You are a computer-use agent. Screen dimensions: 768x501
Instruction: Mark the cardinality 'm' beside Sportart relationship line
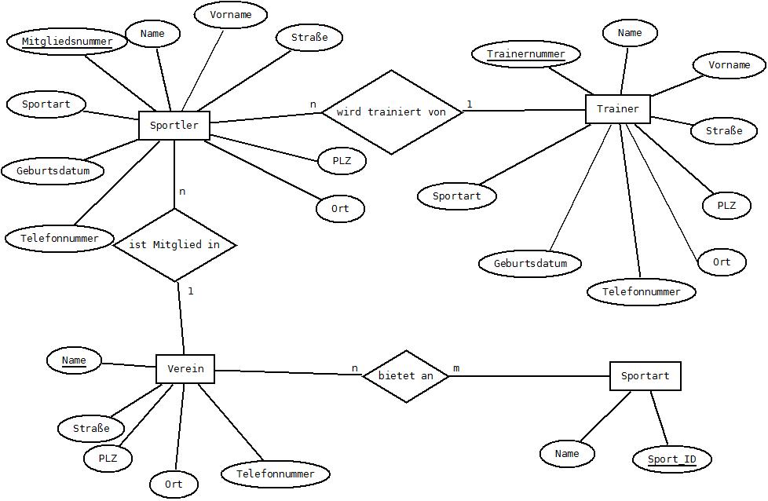[x=456, y=368]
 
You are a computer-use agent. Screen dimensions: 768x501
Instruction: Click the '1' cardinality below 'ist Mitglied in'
[x=191, y=291]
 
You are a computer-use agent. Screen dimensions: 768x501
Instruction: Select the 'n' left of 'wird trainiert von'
[x=313, y=104]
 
